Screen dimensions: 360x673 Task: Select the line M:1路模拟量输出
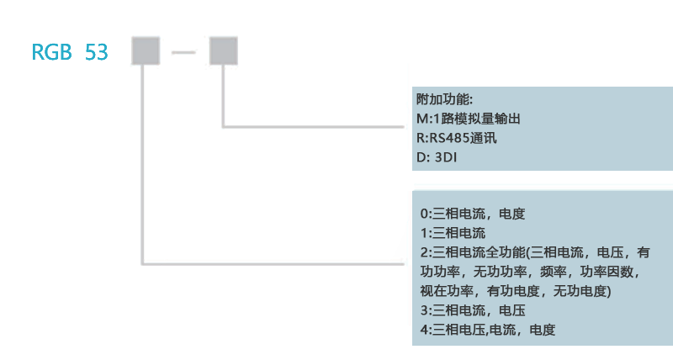coord(468,119)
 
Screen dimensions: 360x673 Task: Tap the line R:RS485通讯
coord(457,138)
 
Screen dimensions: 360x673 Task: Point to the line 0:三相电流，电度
coord(472,214)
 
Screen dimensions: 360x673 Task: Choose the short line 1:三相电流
coord(453,233)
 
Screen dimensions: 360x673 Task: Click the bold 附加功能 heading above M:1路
coord(445,99)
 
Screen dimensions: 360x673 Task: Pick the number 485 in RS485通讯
coord(463,138)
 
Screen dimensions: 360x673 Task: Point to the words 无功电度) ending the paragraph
coord(584,291)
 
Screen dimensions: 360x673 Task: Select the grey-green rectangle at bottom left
coord(74,299)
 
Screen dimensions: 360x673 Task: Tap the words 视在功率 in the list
coord(448,291)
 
